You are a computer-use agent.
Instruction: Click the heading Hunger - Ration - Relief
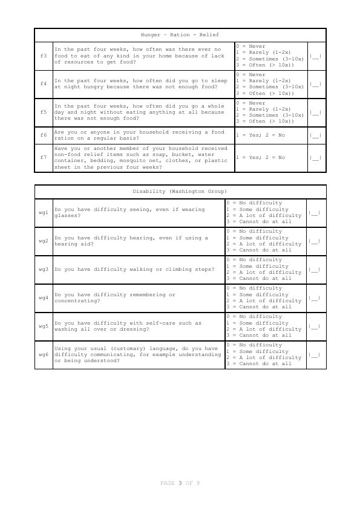(x=180, y=35)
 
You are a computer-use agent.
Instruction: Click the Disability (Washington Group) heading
(x=180, y=191)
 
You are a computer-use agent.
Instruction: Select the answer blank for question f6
(x=315, y=135)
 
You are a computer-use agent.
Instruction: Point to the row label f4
(x=44, y=83)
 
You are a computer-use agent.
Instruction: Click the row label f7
(x=44, y=158)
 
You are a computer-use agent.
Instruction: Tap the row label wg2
(x=44, y=241)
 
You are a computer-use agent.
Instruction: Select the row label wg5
(x=44, y=326)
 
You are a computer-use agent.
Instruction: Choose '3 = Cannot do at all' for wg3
(x=259, y=279)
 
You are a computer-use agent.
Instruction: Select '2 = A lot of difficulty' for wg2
(x=264, y=244)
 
